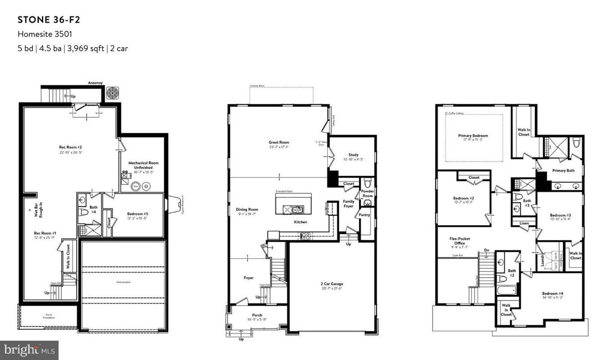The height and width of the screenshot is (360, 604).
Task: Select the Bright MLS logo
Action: tap(29, 350)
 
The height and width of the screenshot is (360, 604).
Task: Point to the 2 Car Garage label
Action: tap(332, 284)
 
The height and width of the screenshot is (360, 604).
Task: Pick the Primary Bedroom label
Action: tap(473, 136)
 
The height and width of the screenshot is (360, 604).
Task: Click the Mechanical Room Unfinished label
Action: tap(143, 165)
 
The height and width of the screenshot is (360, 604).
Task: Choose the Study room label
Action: tap(353, 155)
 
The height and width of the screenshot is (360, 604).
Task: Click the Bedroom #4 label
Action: tap(552, 293)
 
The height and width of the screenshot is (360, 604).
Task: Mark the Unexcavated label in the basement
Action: tap(122, 282)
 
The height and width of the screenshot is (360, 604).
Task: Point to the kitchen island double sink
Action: tap(297, 209)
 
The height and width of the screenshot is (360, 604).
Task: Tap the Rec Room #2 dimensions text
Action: tap(71, 152)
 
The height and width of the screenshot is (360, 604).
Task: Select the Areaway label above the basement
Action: tap(95, 83)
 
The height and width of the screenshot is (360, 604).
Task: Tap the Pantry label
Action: tap(364, 215)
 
